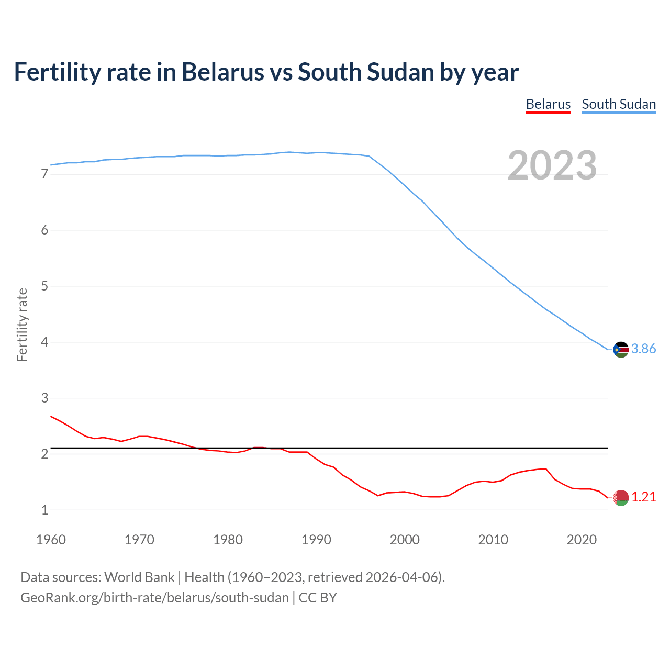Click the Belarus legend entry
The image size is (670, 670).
click(548, 104)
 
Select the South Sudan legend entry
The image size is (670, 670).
click(619, 104)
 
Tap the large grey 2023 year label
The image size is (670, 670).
click(552, 165)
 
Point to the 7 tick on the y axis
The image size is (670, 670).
click(44, 174)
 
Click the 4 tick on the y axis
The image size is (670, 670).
click(44, 342)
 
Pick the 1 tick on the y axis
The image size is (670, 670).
click(44, 510)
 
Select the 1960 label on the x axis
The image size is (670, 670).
click(51, 540)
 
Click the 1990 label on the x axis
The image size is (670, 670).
click(316, 540)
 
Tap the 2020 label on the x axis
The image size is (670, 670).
click(582, 540)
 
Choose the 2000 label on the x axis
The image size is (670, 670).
click(405, 540)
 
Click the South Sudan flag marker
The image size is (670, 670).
click(621, 349)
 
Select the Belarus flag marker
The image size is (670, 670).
click(621, 498)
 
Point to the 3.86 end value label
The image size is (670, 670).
click(643, 349)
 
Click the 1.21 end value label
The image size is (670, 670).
click(643, 497)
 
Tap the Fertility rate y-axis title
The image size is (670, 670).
click(22, 325)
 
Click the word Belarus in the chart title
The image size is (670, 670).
click(222, 72)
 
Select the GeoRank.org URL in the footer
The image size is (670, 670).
click(154, 598)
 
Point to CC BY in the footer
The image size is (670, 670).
click(318, 598)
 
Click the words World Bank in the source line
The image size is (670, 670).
click(139, 577)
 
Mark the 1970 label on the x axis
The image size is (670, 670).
click(139, 540)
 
